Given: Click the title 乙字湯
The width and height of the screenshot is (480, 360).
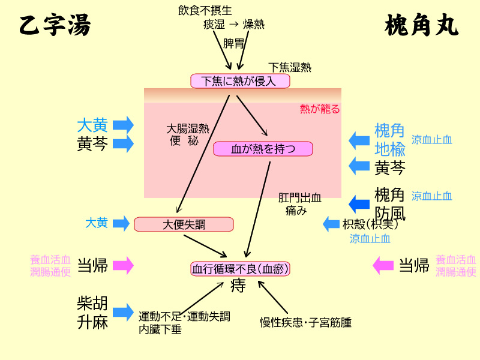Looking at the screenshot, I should pos(55,26).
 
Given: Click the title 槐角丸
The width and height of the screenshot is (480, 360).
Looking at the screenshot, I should pos(421,26).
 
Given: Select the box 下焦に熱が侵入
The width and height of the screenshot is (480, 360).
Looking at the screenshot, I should pos(240,81).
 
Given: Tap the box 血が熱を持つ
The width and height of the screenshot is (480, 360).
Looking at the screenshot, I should pos(263,149).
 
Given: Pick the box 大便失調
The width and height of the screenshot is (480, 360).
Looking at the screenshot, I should pos(184,224).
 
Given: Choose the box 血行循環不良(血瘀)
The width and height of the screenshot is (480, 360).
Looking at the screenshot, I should pos(240,269).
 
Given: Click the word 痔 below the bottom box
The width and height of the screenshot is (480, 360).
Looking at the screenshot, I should pos(238,286).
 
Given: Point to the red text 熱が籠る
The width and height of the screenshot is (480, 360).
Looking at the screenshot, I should pos(320,109).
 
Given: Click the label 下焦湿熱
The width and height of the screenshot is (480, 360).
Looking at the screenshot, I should pos(290,67).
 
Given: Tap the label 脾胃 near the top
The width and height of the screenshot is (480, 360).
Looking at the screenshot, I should pos(234,43).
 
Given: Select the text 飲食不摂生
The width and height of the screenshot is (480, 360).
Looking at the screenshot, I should pos(205,10).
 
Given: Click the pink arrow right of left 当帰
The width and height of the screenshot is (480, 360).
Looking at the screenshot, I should pos(123,265).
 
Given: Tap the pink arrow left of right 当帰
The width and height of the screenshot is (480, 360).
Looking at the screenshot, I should pos(383,265).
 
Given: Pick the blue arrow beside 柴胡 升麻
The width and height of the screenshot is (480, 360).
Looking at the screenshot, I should pos(123,312).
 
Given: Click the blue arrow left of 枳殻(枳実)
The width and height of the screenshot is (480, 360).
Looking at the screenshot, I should pos(331,224).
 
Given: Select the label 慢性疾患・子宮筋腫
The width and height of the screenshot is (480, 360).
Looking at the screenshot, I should pos(305,322).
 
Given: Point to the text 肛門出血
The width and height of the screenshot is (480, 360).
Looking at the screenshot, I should pos(300,197).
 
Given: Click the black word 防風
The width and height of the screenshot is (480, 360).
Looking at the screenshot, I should pos(390,213).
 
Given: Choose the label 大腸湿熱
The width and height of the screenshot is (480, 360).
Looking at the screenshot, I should pos(188,128).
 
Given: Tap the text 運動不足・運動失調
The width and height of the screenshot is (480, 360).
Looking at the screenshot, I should pos(184,316).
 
